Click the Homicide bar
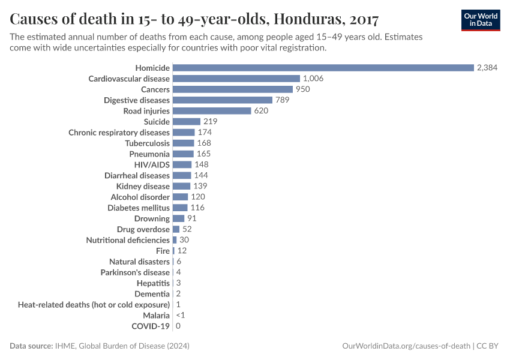(323, 68)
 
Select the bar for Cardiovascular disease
(236, 79)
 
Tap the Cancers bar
(232, 89)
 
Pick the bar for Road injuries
(211, 111)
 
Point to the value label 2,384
(487, 68)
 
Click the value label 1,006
(313, 79)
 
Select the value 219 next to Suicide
(210, 122)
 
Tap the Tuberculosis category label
(147, 143)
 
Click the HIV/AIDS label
(152, 165)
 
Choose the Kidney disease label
(143, 187)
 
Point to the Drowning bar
(178, 219)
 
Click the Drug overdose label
(143, 230)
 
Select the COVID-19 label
(151, 326)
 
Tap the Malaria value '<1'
(180, 316)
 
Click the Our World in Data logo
(480, 20)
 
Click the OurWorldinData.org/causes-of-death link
(406, 346)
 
